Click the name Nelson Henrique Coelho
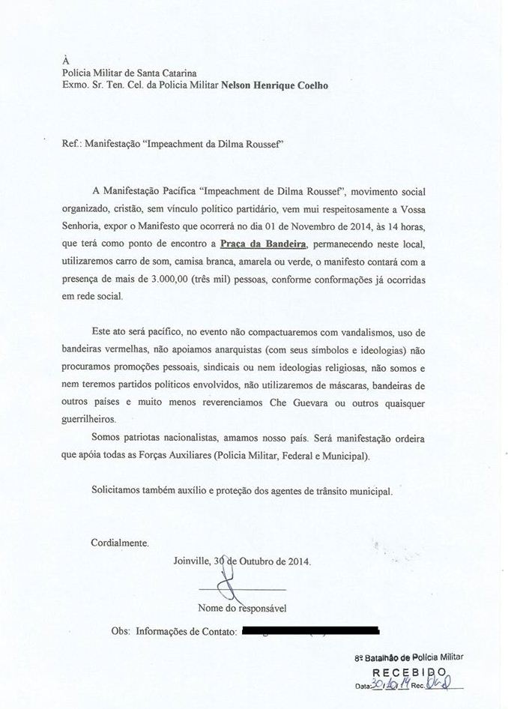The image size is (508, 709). pyautogui.click(x=274, y=85)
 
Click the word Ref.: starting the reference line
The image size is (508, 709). pyautogui.click(x=75, y=140)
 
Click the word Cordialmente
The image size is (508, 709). pyautogui.click(x=120, y=542)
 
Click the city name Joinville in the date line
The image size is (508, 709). pyautogui.click(x=192, y=561)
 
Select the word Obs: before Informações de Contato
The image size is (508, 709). pyautogui.click(x=120, y=632)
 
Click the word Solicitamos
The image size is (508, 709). pyautogui.click(x=117, y=491)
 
